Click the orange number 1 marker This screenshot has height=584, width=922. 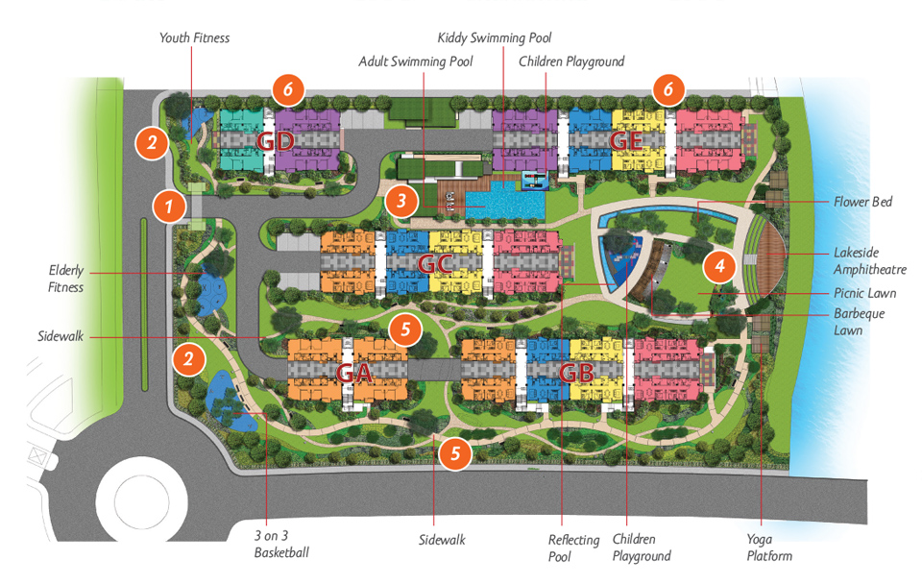pyautogui.click(x=169, y=205)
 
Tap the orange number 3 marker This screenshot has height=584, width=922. pyautogui.click(x=400, y=202)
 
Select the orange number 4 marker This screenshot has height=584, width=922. pyautogui.click(x=719, y=263)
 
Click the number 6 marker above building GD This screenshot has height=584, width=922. pyautogui.click(x=288, y=91)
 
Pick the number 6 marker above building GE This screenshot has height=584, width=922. pyautogui.click(x=668, y=91)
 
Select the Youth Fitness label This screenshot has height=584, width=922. pyautogui.click(x=194, y=37)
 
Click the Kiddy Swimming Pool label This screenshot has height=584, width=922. pyautogui.click(x=495, y=37)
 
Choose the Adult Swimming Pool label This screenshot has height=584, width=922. pyautogui.click(x=416, y=61)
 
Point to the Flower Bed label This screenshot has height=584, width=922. pyautogui.click(x=864, y=202)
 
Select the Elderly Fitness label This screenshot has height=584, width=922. pyautogui.click(x=66, y=279)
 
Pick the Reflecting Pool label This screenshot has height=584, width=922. pyautogui.click(x=574, y=547)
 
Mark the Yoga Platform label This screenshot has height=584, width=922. pyautogui.click(x=768, y=547)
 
